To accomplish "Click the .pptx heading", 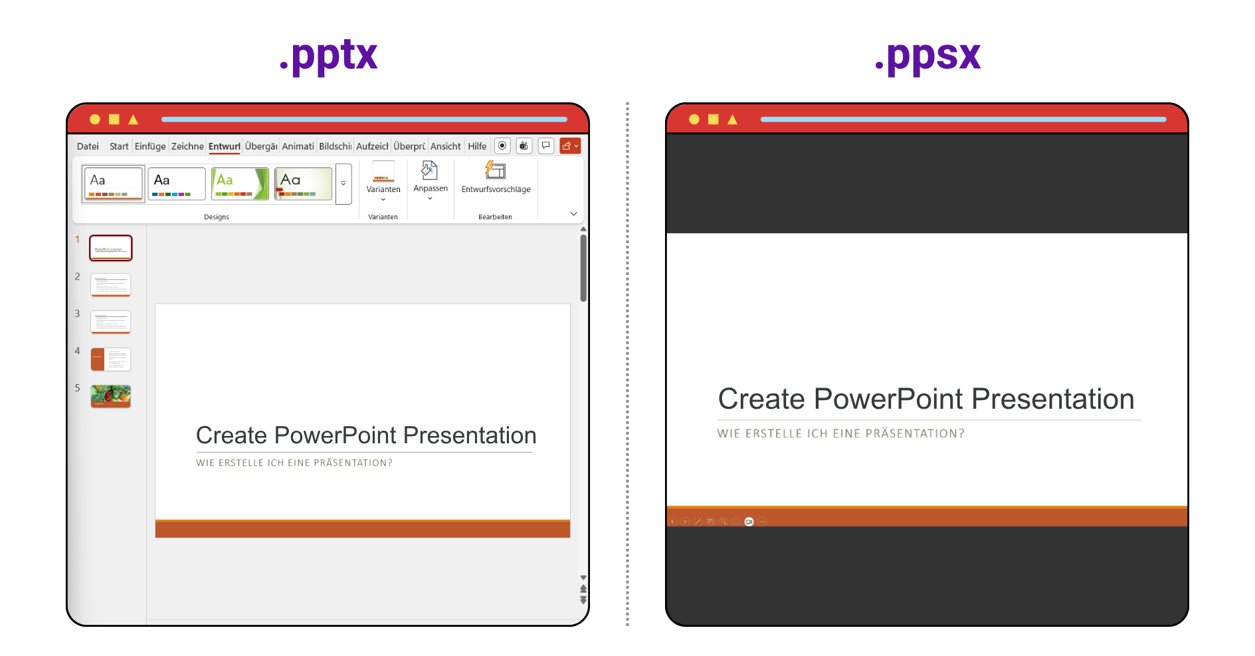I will (x=328, y=56).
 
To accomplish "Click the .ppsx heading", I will (x=927, y=56).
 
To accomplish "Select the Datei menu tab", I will (x=88, y=146).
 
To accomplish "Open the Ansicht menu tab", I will (x=445, y=146).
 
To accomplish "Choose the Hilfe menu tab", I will (x=477, y=146).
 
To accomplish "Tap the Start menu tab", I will (x=119, y=146).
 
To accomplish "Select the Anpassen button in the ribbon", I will (x=431, y=180).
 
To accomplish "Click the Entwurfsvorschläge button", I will (x=496, y=178).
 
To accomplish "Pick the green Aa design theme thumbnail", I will (x=240, y=183).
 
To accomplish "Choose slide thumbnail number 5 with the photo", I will (x=111, y=396).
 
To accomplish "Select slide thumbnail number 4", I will (x=111, y=359).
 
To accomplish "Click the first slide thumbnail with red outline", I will (x=111, y=248).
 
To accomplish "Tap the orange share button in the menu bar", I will (x=570, y=146).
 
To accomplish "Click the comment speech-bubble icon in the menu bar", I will (x=545, y=146).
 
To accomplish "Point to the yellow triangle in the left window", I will (x=134, y=120).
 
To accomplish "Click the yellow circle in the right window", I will (x=694, y=120).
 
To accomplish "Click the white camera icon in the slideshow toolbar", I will (x=749, y=522).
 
